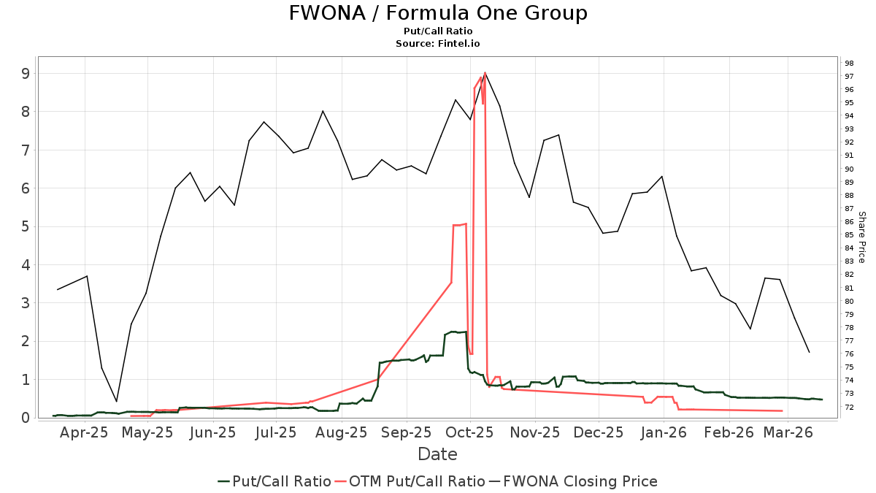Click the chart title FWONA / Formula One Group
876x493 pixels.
(x=438, y=13)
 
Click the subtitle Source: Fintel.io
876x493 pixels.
(x=438, y=44)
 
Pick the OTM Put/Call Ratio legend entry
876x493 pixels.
(x=417, y=481)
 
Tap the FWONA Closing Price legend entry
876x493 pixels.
(x=580, y=481)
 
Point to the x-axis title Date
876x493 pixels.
(x=438, y=454)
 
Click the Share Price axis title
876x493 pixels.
(x=861, y=237)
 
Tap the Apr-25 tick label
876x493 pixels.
(x=85, y=432)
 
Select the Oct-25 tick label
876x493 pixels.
(x=471, y=432)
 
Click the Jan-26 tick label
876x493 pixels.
(x=664, y=432)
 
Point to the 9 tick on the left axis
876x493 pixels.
(x=25, y=73)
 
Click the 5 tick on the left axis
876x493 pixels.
(x=25, y=226)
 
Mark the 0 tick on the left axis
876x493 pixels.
(x=25, y=418)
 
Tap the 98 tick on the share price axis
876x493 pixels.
(x=850, y=63)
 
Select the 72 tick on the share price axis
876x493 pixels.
(x=850, y=407)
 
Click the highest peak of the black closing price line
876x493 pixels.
(x=485, y=73)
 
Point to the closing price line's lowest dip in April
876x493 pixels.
(x=116, y=402)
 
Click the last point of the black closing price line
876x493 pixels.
(x=809, y=353)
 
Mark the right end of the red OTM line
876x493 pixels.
(x=783, y=411)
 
